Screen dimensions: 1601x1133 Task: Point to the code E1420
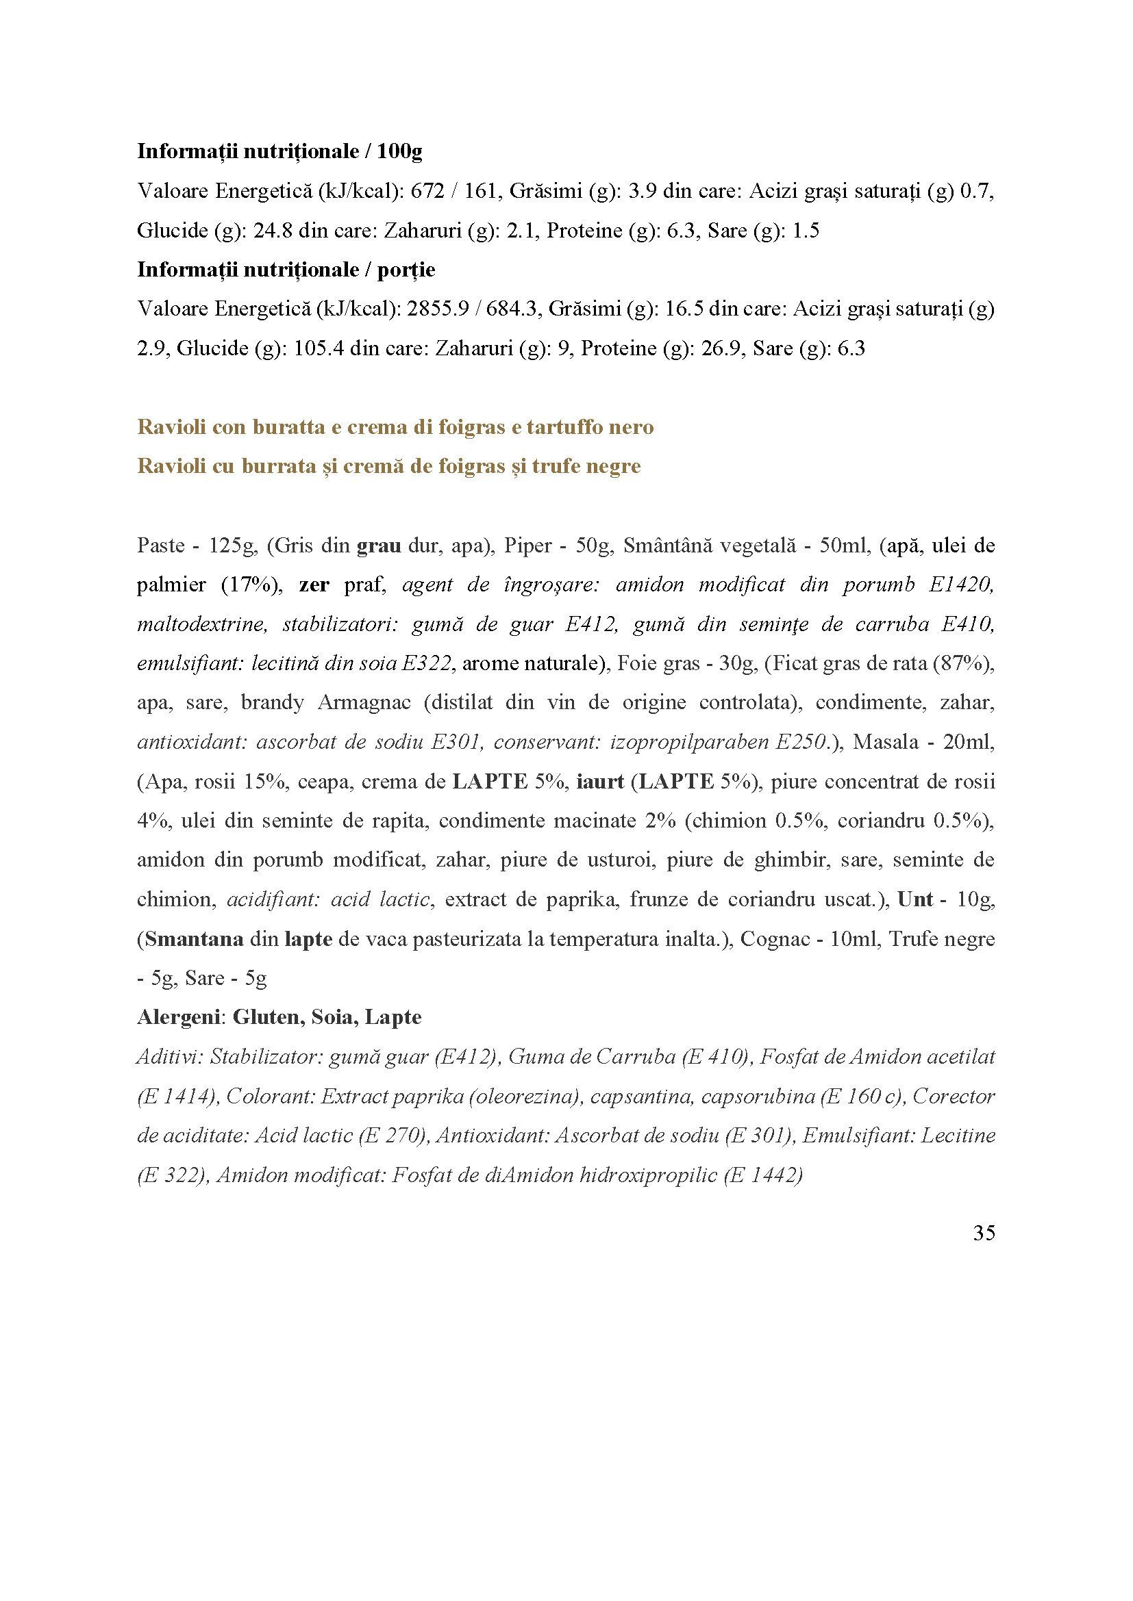click(960, 585)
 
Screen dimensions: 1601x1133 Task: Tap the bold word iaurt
click(600, 782)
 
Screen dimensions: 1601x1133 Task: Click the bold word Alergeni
click(178, 1017)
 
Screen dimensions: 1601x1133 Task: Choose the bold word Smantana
click(194, 939)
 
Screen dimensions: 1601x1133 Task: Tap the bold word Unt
click(914, 899)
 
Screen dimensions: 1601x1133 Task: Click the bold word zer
click(313, 585)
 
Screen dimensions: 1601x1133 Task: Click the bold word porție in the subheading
click(406, 269)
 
